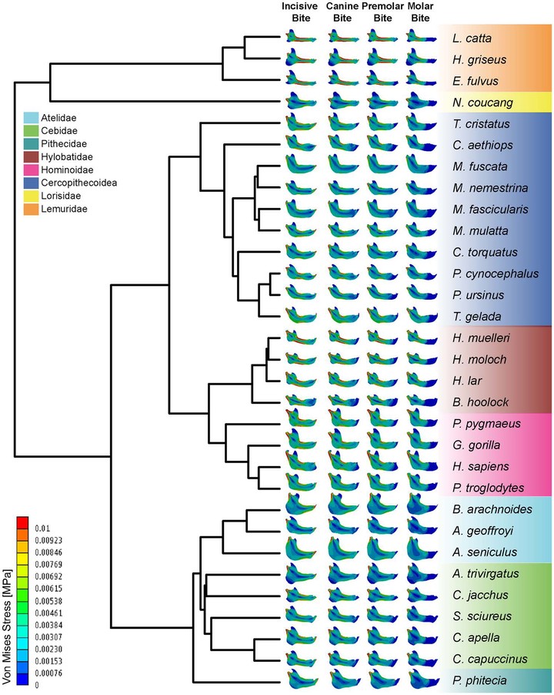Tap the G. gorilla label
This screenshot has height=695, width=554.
(476, 445)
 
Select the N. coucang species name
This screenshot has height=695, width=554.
(482, 102)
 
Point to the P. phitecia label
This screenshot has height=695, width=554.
(479, 680)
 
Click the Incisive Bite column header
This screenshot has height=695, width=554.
(300, 12)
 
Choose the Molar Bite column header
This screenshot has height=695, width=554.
(420, 12)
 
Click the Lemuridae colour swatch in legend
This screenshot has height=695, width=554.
(31, 209)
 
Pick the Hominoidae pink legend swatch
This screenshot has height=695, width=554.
(31, 170)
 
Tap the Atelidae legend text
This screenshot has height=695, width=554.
(58, 118)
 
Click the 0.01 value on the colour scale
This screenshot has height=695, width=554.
(42, 529)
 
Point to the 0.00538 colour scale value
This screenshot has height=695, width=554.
(48, 601)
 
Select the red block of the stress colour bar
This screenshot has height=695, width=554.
(22, 522)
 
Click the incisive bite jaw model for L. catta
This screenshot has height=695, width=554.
(301, 37)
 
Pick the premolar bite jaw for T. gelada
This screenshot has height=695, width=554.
(382, 315)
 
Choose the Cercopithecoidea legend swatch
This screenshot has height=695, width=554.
(31, 183)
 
